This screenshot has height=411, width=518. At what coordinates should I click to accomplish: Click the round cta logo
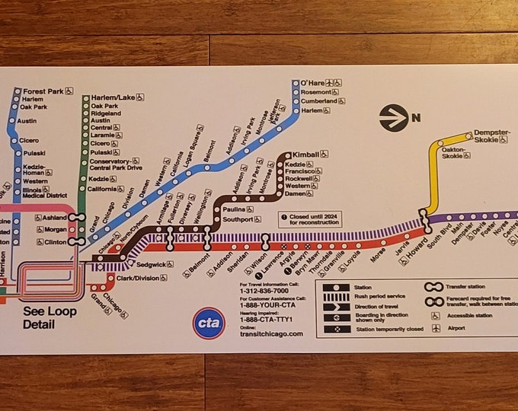click(208, 323)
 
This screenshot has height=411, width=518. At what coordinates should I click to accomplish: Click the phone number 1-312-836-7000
click(264, 290)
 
